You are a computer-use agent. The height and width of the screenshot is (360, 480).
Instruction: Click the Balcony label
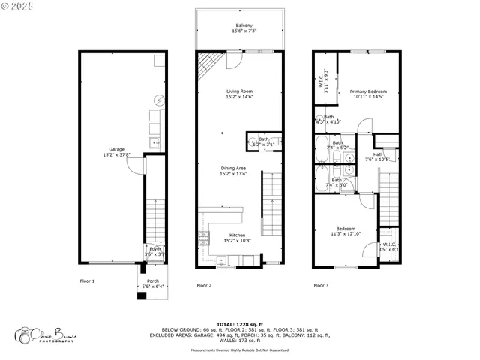coord(244,25)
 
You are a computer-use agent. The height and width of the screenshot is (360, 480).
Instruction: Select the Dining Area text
coord(234,168)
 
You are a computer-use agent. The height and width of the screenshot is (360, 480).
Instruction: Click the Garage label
coord(116,149)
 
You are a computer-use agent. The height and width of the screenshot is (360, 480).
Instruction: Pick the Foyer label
coord(154,248)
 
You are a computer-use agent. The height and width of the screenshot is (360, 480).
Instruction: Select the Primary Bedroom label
coord(368,91)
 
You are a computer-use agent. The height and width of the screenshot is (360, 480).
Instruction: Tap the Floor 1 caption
coord(88,285)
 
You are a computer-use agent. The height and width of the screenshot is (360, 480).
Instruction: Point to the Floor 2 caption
coord(204,285)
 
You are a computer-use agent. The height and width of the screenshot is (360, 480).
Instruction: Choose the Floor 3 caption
coord(321,285)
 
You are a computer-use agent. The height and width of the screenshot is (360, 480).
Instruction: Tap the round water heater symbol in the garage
coord(159,99)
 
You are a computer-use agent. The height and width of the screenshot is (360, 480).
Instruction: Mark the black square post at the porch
coord(140,295)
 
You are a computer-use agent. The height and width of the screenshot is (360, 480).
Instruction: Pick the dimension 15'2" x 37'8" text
coord(116,155)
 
